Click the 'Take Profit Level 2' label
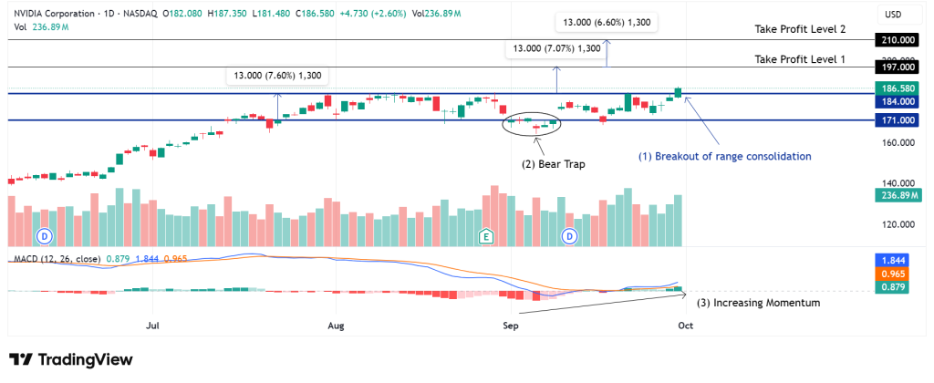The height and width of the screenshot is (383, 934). click(x=800, y=30)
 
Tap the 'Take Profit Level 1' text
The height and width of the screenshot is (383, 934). click(x=800, y=59)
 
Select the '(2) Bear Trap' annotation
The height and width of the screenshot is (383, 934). click(x=553, y=164)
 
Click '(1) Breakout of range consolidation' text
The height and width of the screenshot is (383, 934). click(x=725, y=156)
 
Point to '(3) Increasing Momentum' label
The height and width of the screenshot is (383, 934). click(x=758, y=303)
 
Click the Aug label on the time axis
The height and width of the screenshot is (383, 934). click(x=337, y=325)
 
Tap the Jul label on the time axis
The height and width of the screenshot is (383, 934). click(x=152, y=325)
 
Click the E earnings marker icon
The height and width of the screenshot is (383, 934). click(x=487, y=237)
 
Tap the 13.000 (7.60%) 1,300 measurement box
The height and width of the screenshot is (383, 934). click(x=278, y=76)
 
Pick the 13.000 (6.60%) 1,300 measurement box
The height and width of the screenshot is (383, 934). click(x=607, y=22)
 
